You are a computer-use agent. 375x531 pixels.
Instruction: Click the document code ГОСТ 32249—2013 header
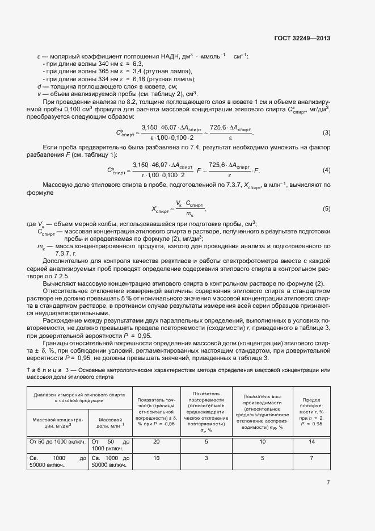click(302, 39)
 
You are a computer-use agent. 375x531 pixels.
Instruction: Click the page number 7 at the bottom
click(328, 483)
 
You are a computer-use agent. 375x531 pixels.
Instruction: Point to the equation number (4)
click(326, 170)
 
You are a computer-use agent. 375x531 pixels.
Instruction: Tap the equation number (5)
click(326, 208)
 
